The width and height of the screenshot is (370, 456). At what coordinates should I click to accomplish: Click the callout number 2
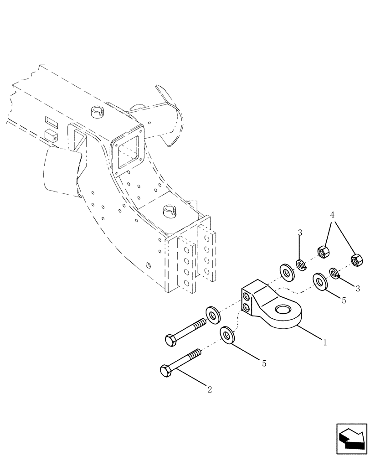pyautogui.click(x=209, y=390)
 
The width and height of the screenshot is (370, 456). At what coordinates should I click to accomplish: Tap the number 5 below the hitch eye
pyautogui.click(x=264, y=363)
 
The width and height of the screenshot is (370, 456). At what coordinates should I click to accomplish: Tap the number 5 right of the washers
pyautogui.click(x=344, y=301)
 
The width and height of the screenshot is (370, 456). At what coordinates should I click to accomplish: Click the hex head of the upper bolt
pyautogui.click(x=170, y=339)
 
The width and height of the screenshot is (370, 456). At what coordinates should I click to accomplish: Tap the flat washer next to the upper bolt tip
pyautogui.click(x=212, y=314)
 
